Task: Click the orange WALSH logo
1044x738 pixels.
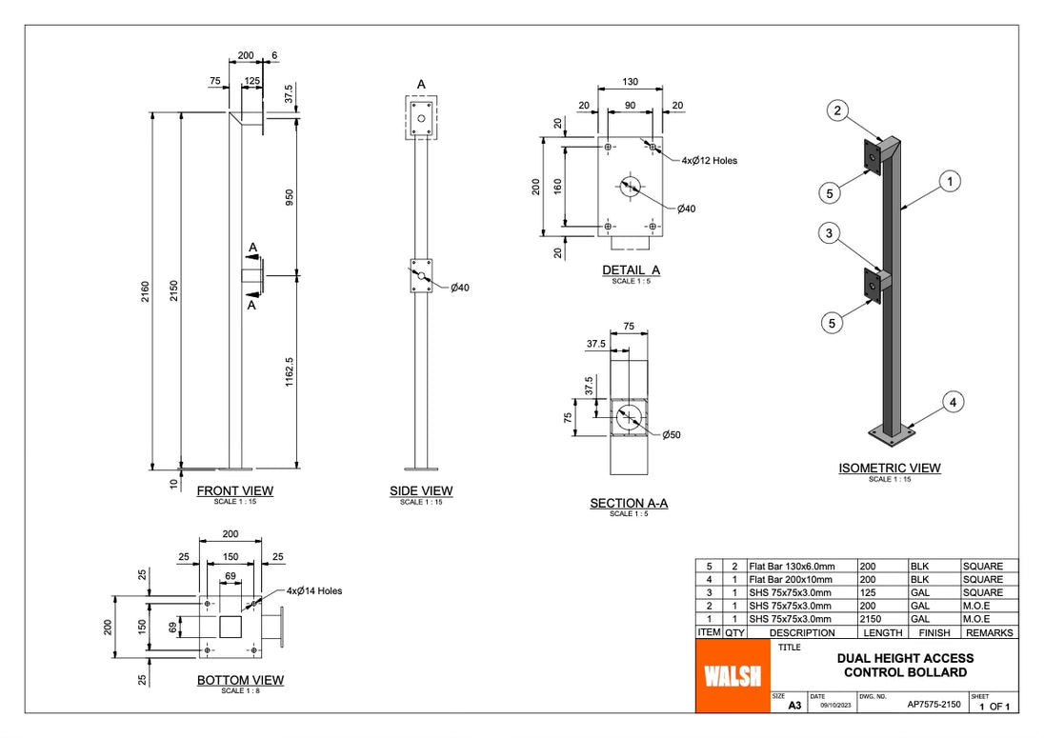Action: tap(732, 675)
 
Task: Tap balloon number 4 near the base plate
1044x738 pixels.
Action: tap(954, 403)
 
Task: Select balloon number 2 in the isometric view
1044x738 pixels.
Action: tap(837, 111)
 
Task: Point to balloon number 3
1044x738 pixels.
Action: tap(830, 233)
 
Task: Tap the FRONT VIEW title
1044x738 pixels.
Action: tap(234, 491)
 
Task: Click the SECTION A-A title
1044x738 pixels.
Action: tap(629, 504)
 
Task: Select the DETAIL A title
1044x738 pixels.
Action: tap(631, 270)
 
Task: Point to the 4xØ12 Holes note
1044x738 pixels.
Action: tap(709, 161)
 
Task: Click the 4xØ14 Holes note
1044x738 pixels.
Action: tap(313, 591)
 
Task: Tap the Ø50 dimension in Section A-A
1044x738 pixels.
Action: tap(672, 435)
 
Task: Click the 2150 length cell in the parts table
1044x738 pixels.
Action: tap(882, 618)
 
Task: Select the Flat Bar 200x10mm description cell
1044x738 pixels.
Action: tap(791, 579)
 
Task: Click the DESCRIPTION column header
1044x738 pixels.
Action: tap(802, 632)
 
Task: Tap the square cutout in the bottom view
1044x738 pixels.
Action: tap(231, 628)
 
